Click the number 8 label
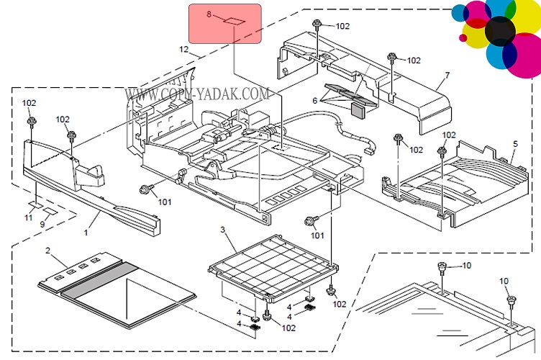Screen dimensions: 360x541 (x=209, y=14)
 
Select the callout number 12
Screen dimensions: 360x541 (x=183, y=50)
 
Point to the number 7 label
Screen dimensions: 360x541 (x=447, y=75)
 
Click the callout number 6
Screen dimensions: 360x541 (x=314, y=101)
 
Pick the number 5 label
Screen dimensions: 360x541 (x=515, y=143)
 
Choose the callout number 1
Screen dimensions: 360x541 (x=86, y=233)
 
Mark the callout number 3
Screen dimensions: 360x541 (x=223, y=230)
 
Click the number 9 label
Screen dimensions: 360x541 (x=42, y=225)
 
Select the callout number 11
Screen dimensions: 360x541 (x=29, y=217)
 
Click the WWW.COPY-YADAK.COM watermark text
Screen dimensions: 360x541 (x=197, y=94)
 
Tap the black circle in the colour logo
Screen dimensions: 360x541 (x=500, y=30)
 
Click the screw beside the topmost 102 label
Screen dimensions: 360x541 (x=317, y=26)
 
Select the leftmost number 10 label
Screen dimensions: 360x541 (x=466, y=266)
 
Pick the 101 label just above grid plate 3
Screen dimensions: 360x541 (x=317, y=235)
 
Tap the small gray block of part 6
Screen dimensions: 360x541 (x=358, y=108)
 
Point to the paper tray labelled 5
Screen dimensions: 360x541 (x=460, y=184)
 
